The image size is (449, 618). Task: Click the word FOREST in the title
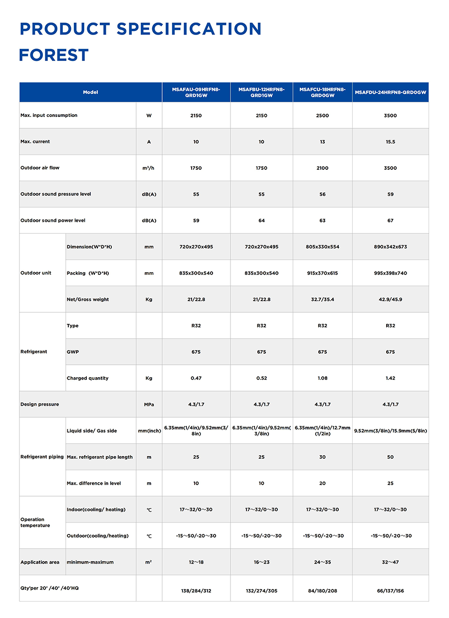[x=54, y=55]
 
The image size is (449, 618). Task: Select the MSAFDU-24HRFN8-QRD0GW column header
[x=391, y=92]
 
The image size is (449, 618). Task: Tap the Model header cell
[x=91, y=92]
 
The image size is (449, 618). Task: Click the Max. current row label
[x=35, y=142]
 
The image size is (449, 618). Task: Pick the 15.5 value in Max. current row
[x=391, y=142]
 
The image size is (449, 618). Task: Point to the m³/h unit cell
[x=149, y=168]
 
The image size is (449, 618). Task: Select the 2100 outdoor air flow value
[x=322, y=168]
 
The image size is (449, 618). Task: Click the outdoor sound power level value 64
[x=261, y=221]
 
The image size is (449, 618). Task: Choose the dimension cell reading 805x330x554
[x=322, y=247]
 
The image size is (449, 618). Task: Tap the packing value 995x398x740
[x=391, y=273]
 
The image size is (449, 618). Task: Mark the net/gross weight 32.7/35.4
[x=322, y=300]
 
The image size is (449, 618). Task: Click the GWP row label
[x=73, y=352]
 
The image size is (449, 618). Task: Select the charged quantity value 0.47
[x=196, y=378]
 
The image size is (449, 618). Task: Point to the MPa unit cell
[x=149, y=405]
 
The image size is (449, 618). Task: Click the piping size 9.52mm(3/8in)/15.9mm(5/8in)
[x=391, y=431]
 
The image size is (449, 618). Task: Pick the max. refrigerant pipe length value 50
[x=391, y=457]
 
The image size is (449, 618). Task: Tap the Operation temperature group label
[x=35, y=523]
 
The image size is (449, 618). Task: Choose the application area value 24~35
[x=322, y=563]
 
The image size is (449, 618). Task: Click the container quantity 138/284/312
[x=196, y=591]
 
